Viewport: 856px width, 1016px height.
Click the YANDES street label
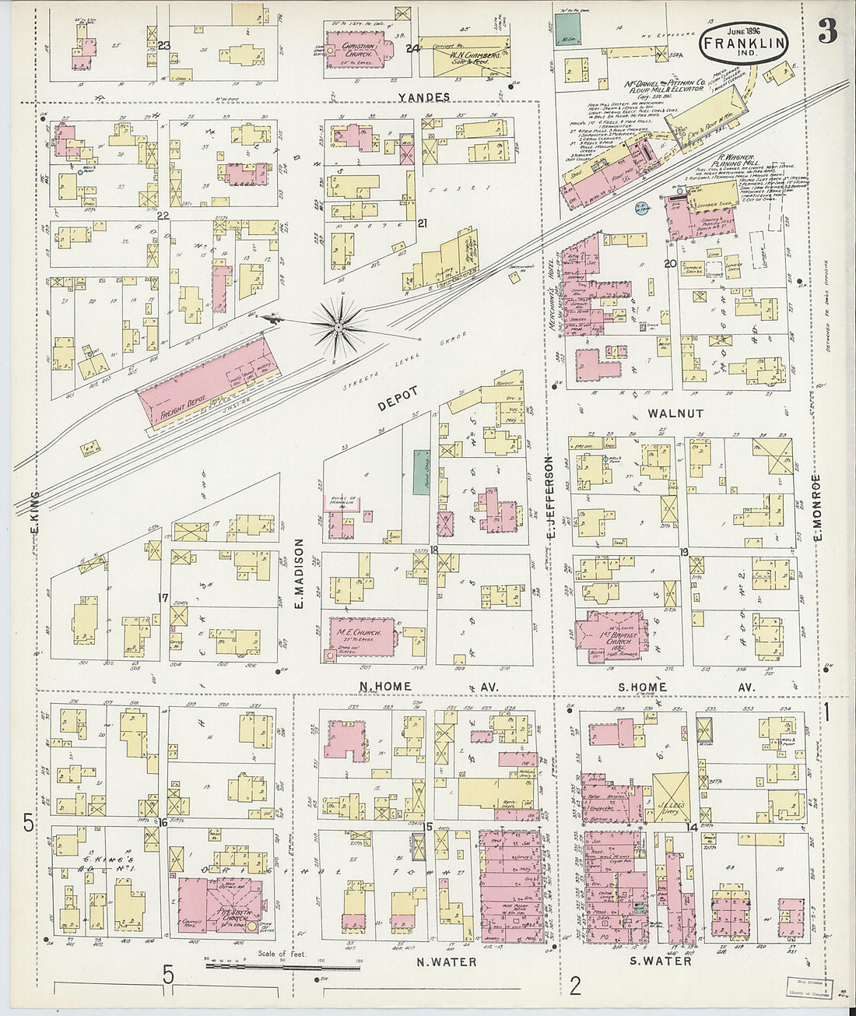423,97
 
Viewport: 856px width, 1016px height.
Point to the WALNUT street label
675,413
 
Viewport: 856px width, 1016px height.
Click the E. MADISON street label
299,573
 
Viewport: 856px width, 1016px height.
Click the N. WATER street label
446,962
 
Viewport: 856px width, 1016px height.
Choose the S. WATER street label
659,962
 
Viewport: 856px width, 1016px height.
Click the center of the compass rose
339,328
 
